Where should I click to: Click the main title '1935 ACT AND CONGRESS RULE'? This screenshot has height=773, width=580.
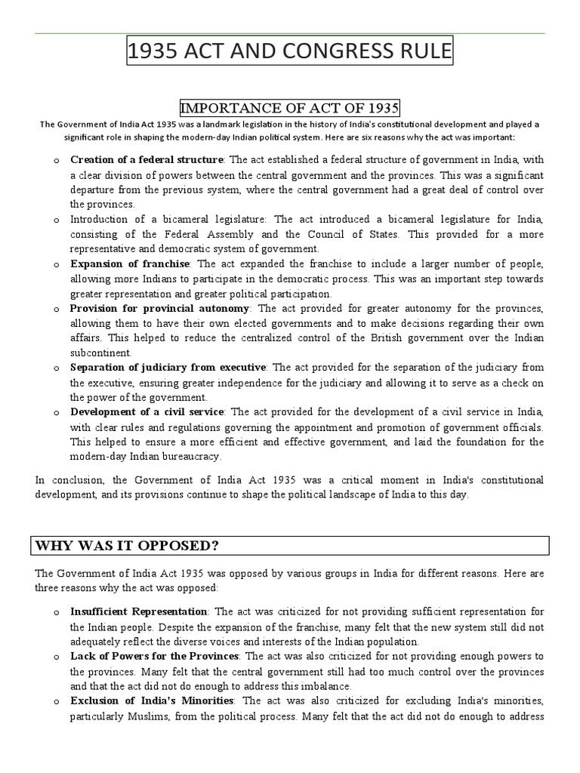pos(290,54)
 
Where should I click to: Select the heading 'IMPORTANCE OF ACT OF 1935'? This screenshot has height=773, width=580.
pos(289,107)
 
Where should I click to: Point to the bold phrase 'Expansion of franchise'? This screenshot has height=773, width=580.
pos(131,264)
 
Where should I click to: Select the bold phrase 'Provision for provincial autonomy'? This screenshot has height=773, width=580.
pos(159,309)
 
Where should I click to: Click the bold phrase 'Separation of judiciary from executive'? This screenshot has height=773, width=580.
pos(168,368)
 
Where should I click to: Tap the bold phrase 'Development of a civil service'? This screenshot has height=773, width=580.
pos(147,412)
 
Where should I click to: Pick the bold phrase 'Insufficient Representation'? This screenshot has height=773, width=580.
pos(138,611)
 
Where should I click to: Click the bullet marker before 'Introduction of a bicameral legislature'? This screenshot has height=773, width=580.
pos(57,220)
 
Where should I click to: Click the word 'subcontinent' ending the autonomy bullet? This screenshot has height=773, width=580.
pos(100,353)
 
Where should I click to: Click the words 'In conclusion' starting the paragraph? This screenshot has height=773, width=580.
pos(67,480)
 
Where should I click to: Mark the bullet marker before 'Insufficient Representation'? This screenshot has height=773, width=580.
pos(57,612)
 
